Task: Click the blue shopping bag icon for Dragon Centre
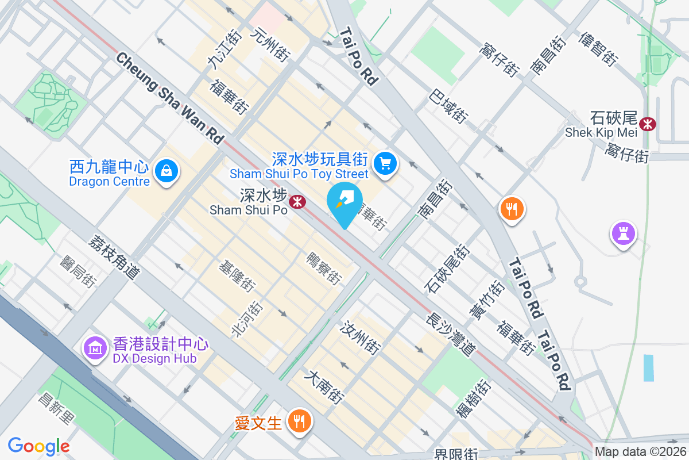pos(166,170)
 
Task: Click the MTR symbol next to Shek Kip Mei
pos(648,123)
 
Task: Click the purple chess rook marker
pos(623,233)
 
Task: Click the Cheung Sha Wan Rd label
pos(170,98)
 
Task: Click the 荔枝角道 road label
pos(114,256)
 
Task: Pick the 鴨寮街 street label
pos(325,268)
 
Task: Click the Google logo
pos(38,446)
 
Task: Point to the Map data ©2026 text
pos(640,452)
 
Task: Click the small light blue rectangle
pos(648,368)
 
